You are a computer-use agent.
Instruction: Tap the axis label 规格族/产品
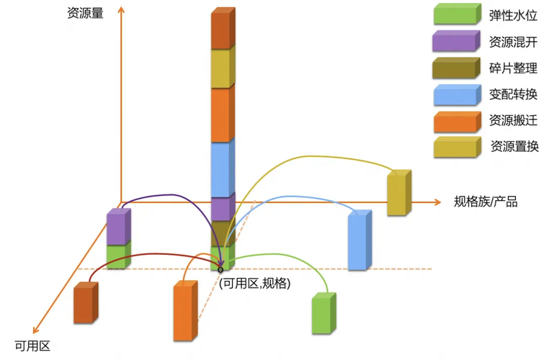(486, 202)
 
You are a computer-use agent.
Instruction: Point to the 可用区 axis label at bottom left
(32, 346)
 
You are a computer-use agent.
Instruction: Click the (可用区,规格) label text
(254, 284)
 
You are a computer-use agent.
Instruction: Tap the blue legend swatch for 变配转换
(455, 95)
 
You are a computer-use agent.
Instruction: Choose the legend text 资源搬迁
(513, 120)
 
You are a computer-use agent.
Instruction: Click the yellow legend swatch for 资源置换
(455, 147)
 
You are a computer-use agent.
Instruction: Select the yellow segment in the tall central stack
(221, 68)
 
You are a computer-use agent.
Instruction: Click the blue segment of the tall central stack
(221, 169)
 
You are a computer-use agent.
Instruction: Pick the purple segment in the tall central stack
(221, 209)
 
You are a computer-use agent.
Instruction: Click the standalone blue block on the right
(358, 240)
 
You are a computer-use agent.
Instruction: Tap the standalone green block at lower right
(323, 315)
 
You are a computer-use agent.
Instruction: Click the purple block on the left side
(117, 228)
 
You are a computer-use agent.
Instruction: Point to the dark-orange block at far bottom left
(84, 304)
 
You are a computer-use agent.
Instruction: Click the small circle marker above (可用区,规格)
(220, 269)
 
